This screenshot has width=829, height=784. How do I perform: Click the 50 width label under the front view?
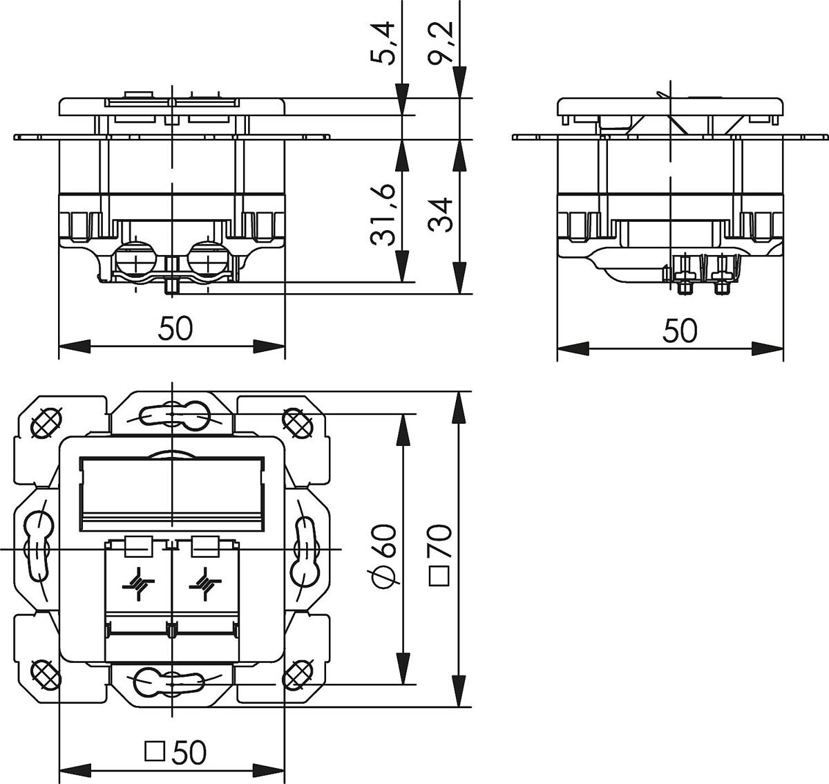point(175,329)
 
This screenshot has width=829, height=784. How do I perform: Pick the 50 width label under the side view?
point(680,331)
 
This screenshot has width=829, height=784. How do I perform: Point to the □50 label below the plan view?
point(175,752)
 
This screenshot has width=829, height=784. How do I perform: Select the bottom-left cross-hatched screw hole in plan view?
point(46,673)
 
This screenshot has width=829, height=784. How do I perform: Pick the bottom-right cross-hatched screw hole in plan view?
point(298,673)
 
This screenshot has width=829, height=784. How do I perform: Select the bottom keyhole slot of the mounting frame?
point(172,682)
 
